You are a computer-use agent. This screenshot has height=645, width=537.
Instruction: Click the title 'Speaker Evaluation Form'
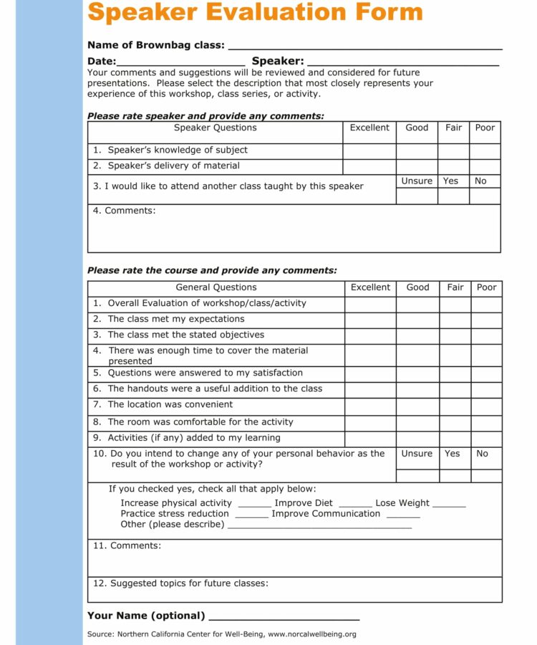(x=255, y=12)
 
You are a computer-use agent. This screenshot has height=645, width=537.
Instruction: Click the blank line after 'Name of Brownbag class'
(x=364, y=47)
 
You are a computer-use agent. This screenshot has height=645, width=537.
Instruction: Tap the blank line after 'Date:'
(x=180, y=64)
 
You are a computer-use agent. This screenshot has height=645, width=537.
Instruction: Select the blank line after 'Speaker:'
(x=402, y=64)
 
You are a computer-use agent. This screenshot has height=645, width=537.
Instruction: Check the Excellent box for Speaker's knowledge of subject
(x=369, y=150)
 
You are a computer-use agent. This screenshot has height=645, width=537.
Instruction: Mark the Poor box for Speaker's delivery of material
(x=485, y=166)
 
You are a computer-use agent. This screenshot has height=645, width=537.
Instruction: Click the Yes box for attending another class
(x=453, y=196)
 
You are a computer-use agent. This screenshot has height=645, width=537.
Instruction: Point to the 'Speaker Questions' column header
(x=215, y=128)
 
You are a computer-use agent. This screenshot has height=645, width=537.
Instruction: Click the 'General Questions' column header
(x=216, y=287)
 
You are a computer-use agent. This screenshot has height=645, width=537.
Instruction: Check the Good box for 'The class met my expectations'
(x=417, y=320)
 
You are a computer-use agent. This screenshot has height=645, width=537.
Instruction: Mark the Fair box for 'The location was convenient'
(x=455, y=406)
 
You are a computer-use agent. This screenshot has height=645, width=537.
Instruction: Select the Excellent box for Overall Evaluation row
(x=370, y=304)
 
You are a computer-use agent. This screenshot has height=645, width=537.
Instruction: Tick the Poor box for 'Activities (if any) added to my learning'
(x=486, y=439)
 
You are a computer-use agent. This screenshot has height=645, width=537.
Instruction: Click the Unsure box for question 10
(x=417, y=476)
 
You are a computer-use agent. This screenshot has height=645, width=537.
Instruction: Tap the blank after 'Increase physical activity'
(x=254, y=505)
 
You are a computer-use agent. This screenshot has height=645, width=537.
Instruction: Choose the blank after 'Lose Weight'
(x=449, y=505)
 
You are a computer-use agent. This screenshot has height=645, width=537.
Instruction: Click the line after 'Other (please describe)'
(x=319, y=526)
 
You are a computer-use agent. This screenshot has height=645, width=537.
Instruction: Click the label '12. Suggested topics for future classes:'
(x=180, y=583)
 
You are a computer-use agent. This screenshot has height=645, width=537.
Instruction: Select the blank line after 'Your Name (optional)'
(x=284, y=618)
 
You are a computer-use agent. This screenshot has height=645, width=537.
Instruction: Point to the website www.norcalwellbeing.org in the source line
(x=312, y=634)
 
